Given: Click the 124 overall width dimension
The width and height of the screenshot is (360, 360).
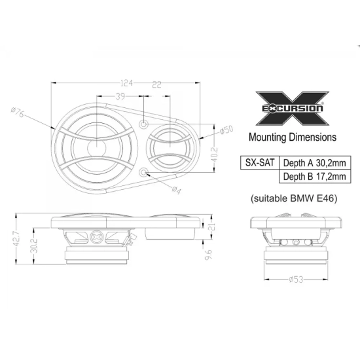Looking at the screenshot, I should [128, 82].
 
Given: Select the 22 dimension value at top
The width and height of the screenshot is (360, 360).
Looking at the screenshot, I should [158, 82].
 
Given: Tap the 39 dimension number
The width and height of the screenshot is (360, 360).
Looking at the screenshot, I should [120, 96].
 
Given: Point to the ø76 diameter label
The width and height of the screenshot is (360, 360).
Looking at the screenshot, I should [18, 114].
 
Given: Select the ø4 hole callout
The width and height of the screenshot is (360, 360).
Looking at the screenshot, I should [175, 190].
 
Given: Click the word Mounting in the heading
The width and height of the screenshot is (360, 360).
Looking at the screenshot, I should [270, 137].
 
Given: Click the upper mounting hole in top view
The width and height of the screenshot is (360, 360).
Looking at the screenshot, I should [145, 124].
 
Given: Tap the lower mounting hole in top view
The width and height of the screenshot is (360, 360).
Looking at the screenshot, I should [145, 172].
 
